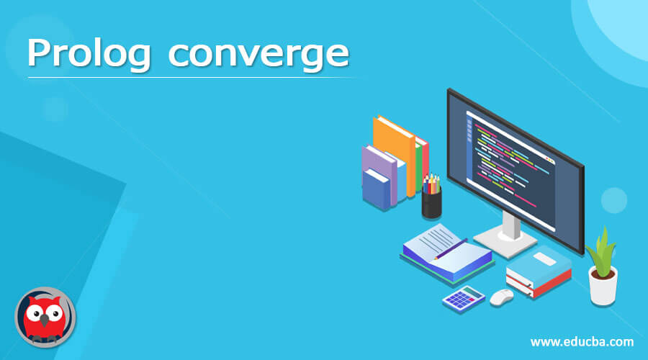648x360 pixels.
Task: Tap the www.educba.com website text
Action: tap(582, 341)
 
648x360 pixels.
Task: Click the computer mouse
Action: tap(501, 297)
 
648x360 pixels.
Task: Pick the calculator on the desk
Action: tap(463, 298)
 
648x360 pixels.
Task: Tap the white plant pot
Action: tap(603, 284)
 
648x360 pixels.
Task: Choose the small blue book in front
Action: tap(376, 189)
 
